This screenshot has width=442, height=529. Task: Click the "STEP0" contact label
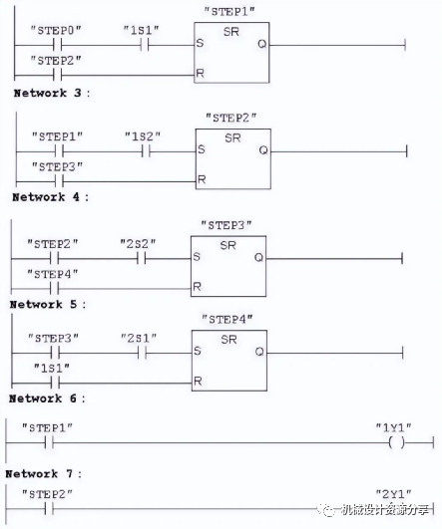pos(56,30)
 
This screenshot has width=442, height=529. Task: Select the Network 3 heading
pos(52,93)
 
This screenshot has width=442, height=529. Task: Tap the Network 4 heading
pos(50,197)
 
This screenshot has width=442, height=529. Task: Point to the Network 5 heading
pos(48,304)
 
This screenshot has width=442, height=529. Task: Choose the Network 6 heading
pos(47,398)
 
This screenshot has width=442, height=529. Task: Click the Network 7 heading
pos(44,473)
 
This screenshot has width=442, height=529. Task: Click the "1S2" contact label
pos(143,136)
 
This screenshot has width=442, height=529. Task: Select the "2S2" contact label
pos(139,244)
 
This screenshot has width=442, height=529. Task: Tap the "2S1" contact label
pos(139,338)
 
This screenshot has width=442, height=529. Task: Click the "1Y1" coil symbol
pos(396,442)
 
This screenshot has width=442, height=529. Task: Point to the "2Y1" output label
pos(394,494)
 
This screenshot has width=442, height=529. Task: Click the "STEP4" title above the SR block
pos(227,319)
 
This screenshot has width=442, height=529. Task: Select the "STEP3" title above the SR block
pos(226,225)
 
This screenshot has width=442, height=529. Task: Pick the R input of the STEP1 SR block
pos(201,73)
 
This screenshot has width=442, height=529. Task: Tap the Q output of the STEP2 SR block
pos(263,150)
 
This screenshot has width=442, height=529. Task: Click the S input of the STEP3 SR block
pos(197,257)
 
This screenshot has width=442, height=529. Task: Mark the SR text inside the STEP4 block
pos(228,339)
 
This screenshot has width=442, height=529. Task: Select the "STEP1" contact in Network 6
pos(49,442)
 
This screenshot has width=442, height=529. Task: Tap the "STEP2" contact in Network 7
pos(49,508)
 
